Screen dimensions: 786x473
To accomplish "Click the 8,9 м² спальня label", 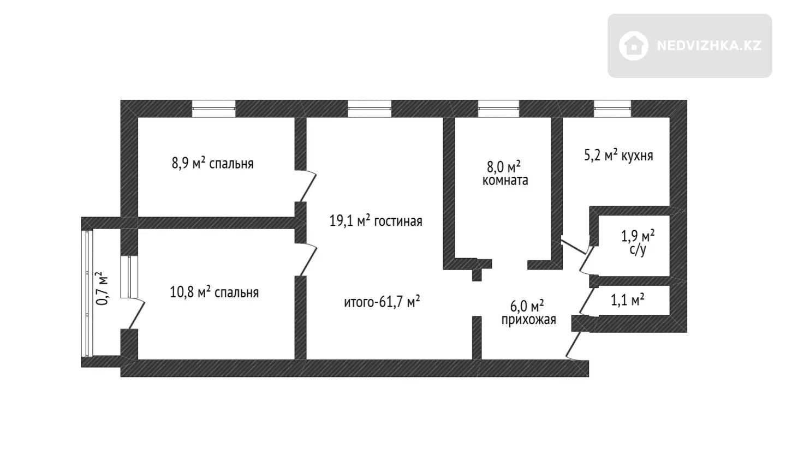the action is point(213,163).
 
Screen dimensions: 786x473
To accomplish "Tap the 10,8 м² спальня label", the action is point(215,292).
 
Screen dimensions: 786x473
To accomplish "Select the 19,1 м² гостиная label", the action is point(376,221).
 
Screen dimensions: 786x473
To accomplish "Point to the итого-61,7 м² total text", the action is point(382,302).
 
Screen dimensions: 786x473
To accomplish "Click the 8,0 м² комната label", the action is point(505,173).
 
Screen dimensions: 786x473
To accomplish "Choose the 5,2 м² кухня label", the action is point(618,155).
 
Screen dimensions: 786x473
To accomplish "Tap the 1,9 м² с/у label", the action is point(638,242).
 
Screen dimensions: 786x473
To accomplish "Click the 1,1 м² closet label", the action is point(628,300).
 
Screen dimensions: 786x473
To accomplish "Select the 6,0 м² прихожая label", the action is point(529,313).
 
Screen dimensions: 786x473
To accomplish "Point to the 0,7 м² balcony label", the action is point(102,288).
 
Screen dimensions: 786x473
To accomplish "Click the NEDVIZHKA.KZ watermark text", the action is point(709,46).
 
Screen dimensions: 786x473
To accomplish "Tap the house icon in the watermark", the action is point(633,46).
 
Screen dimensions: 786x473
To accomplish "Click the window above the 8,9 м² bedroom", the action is point(213,109).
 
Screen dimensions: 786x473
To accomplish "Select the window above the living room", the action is point(370,109).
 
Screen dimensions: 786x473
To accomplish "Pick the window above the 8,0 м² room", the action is point(499,109).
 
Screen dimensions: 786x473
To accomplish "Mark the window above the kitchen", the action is point(612,109).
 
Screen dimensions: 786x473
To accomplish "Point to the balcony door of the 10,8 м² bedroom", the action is point(136,314).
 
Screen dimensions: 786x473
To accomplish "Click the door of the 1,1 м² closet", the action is point(587,301).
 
